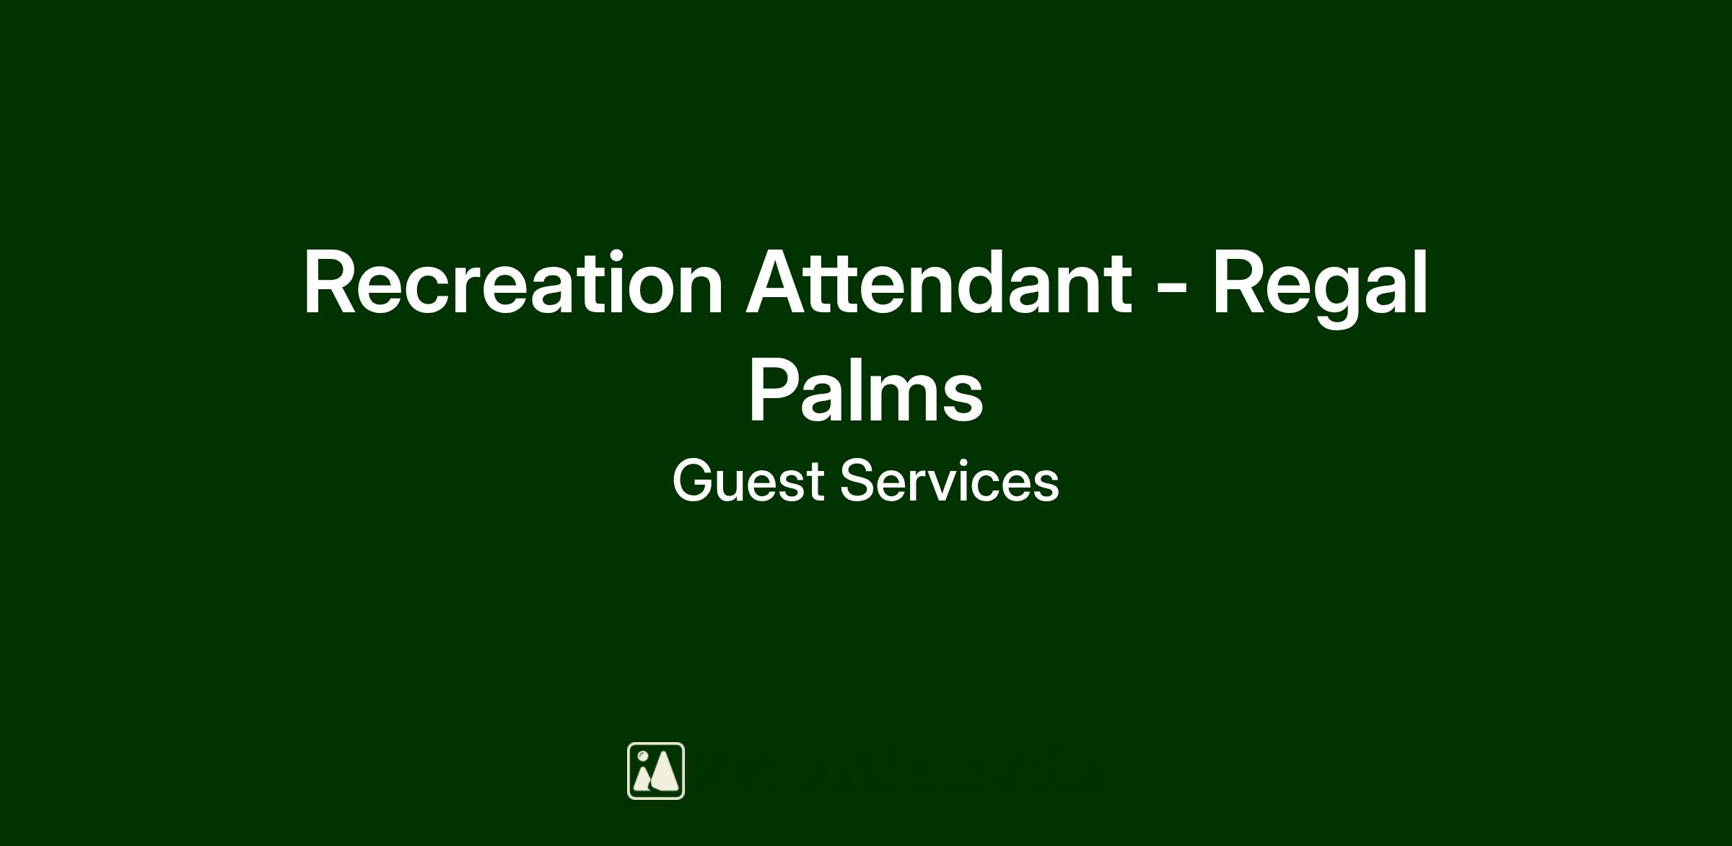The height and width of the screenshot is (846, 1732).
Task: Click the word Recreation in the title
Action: (x=513, y=283)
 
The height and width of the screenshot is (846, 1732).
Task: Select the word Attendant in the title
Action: (x=938, y=282)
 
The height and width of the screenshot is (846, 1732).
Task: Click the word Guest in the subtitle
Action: (x=748, y=480)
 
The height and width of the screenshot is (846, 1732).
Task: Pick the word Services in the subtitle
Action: (x=950, y=480)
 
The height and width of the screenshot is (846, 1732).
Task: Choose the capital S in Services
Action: (x=859, y=480)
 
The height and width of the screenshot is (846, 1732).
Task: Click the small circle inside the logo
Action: (x=642, y=756)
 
